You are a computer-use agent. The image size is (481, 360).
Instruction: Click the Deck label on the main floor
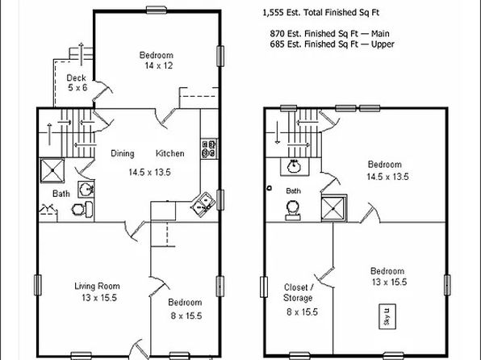click(76, 77)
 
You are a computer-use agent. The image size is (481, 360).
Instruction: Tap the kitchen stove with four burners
click(209, 149)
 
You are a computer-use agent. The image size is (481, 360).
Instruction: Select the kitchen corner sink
click(203, 205)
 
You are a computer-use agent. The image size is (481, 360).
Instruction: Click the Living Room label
click(97, 286)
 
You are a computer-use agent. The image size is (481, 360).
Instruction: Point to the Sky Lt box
click(387, 316)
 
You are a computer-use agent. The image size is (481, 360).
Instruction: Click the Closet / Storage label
click(299, 292)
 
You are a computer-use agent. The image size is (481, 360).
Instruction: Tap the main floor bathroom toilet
click(82, 209)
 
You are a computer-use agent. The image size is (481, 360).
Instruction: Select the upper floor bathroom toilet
click(293, 210)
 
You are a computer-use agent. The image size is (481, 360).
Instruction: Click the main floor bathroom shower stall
click(52, 170)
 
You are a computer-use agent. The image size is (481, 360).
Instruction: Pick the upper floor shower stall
click(334, 207)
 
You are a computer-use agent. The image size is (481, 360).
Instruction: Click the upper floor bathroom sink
click(294, 166)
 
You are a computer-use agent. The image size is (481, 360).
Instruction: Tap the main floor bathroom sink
click(86, 189)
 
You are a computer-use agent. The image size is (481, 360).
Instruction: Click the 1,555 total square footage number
click(273, 13)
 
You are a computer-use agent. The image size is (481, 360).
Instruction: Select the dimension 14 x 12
click(159, 65)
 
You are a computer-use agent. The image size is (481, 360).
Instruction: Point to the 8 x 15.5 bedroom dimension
click(186, 316)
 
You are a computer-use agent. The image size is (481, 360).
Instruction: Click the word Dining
click(123, 153)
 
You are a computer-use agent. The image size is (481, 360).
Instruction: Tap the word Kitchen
click(170, 153)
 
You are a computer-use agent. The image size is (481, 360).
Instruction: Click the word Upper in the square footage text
click(383, 44)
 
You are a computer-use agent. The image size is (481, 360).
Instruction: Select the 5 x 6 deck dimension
click(77, 88)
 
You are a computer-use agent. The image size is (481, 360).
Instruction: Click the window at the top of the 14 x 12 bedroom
click(157, 10)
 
